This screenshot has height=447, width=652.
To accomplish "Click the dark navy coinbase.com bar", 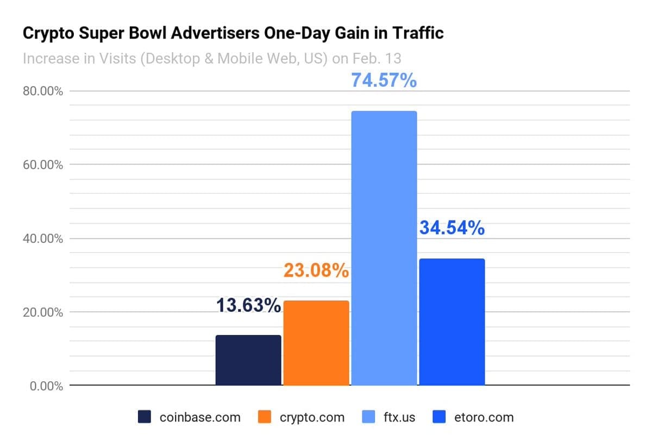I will pos(248,360).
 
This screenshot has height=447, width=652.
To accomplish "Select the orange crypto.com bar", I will pos(316,343).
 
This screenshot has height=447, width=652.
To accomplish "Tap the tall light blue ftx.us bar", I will pos(384,248).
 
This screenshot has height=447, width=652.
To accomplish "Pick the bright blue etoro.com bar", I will pos(452,322).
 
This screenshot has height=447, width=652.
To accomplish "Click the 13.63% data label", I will pos(248,306).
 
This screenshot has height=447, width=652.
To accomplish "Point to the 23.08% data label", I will pos(316,270).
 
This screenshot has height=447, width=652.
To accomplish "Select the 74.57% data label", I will pos(384,80).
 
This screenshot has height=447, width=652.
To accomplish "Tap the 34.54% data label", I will pos(452,228).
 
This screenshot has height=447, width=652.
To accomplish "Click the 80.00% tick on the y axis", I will pos(43,91).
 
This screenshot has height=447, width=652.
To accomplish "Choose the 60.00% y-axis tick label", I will pos(43,165).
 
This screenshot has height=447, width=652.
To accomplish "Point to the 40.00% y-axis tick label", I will pos(43,238).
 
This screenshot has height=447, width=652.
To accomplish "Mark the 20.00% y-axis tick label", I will pos(43,312).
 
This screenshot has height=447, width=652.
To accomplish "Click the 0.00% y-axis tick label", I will pos(46,386).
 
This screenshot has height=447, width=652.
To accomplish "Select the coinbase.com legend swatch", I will pos(145,417).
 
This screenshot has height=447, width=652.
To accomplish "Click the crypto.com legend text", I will pos(312,417).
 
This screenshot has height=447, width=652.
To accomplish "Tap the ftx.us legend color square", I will pos(368,417).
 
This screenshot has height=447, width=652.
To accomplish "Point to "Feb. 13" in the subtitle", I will pos(378,58).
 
